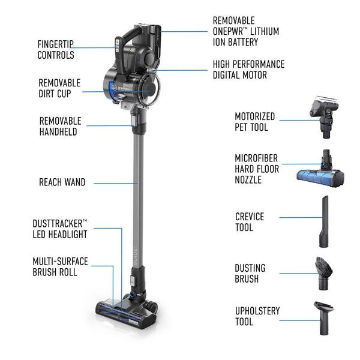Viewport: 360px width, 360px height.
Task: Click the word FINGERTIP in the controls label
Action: pos(55,44)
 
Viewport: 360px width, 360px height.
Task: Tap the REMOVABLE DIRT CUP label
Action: pos(59,88)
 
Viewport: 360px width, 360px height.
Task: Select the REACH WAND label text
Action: pos(62,182)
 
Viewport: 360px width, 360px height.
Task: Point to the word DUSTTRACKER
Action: pos(58,224)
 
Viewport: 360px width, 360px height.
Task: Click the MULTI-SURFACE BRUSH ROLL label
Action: pos(60,266)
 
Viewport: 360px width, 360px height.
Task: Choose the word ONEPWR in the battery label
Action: pos(230,31)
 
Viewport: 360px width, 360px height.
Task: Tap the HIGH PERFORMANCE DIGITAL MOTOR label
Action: pos(248,70)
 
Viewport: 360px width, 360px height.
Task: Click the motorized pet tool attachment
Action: pos(324,117)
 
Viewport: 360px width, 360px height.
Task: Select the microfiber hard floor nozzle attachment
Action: pos(321,170)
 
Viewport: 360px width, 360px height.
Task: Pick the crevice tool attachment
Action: pos(324,221)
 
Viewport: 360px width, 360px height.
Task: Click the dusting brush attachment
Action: pos(324,273)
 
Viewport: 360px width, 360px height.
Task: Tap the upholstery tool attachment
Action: pos(324,318)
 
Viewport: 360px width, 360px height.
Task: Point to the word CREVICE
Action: pos(250,217)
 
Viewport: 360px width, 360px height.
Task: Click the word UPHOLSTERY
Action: pos(257,311)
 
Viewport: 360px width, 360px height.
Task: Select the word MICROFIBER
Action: pos(256,158)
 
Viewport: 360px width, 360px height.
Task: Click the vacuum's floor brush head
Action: pos(127,311)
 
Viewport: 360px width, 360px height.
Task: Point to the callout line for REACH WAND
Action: pos(116,184)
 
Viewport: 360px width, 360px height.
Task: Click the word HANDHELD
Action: pos(58,132)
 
